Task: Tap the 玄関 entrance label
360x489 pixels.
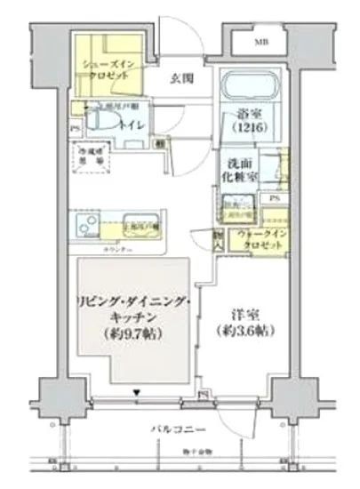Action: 183,77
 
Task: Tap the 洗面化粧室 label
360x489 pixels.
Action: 240,171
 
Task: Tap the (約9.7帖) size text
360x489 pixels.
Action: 135,333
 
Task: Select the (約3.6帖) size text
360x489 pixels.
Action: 245,332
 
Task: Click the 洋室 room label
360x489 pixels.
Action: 244,316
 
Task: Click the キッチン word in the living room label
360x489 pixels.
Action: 135,317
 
